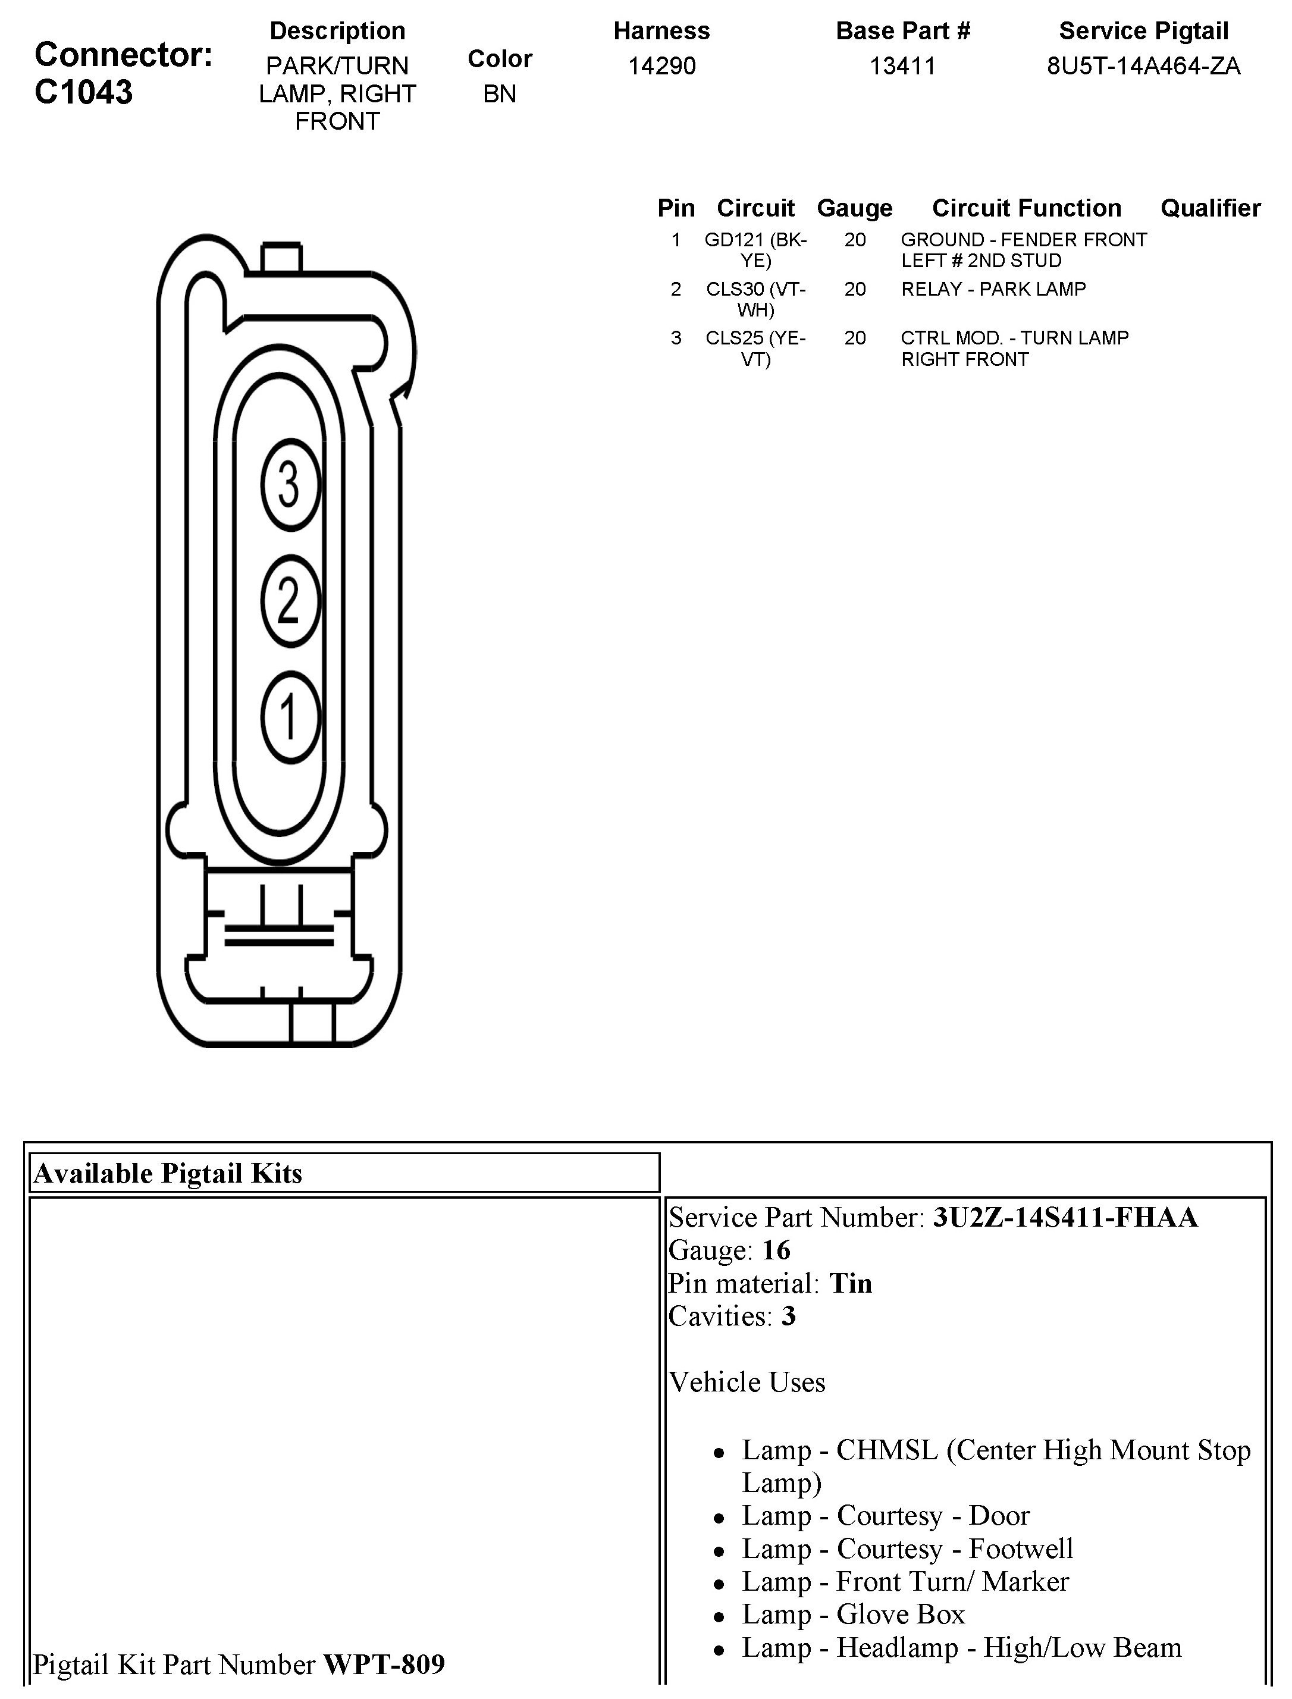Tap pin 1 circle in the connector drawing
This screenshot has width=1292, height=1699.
click(290, 717)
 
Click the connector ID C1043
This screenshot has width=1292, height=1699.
click(84, 92)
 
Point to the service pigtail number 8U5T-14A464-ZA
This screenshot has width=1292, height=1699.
click(1143, 66)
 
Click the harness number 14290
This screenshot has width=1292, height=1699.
click(661, 66)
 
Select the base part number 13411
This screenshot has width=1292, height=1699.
click(902, 66)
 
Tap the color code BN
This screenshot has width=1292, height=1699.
click(499, 94)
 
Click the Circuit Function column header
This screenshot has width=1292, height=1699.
click(1026, 208)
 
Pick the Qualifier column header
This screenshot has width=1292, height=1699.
click(1210, 208)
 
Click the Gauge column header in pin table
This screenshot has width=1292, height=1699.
click(854, 208)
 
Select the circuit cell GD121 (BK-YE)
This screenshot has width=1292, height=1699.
click(755, 250)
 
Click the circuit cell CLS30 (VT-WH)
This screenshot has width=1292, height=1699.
click(755, 299)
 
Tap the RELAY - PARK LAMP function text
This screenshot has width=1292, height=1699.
click(993, 289)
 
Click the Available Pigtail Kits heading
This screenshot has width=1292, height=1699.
click(168, 1174)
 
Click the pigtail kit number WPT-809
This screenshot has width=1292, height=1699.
click(384, 1665)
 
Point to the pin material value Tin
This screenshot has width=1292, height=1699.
click(851, 1284)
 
